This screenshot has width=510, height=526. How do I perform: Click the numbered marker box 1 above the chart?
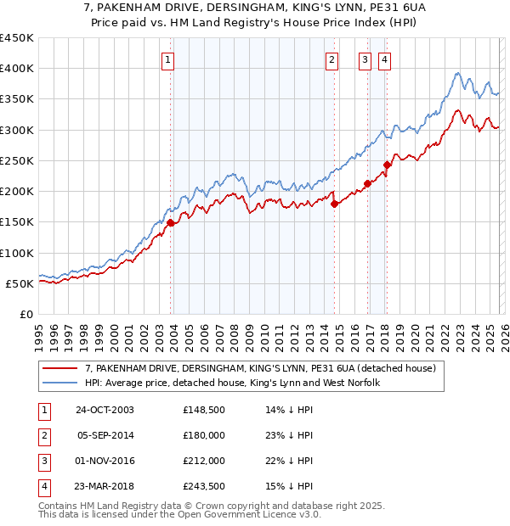[x=168, y=59]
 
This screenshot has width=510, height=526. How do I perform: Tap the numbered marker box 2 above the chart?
[x=331, y=59]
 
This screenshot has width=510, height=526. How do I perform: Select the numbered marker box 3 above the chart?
[x=365, y=59]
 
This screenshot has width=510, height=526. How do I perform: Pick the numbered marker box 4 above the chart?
[x=385, y=59]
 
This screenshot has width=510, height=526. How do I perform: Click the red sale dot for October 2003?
[x=171, y=223]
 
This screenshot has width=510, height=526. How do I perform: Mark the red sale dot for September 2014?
[x=334, y=204]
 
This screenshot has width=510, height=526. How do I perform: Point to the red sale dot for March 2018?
[x=387, y=165]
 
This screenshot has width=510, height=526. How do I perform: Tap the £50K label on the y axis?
[x=20, y=283]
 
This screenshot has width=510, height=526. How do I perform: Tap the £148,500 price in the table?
[x=202, y=410]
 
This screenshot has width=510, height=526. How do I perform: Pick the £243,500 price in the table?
[x=202, y=487]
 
